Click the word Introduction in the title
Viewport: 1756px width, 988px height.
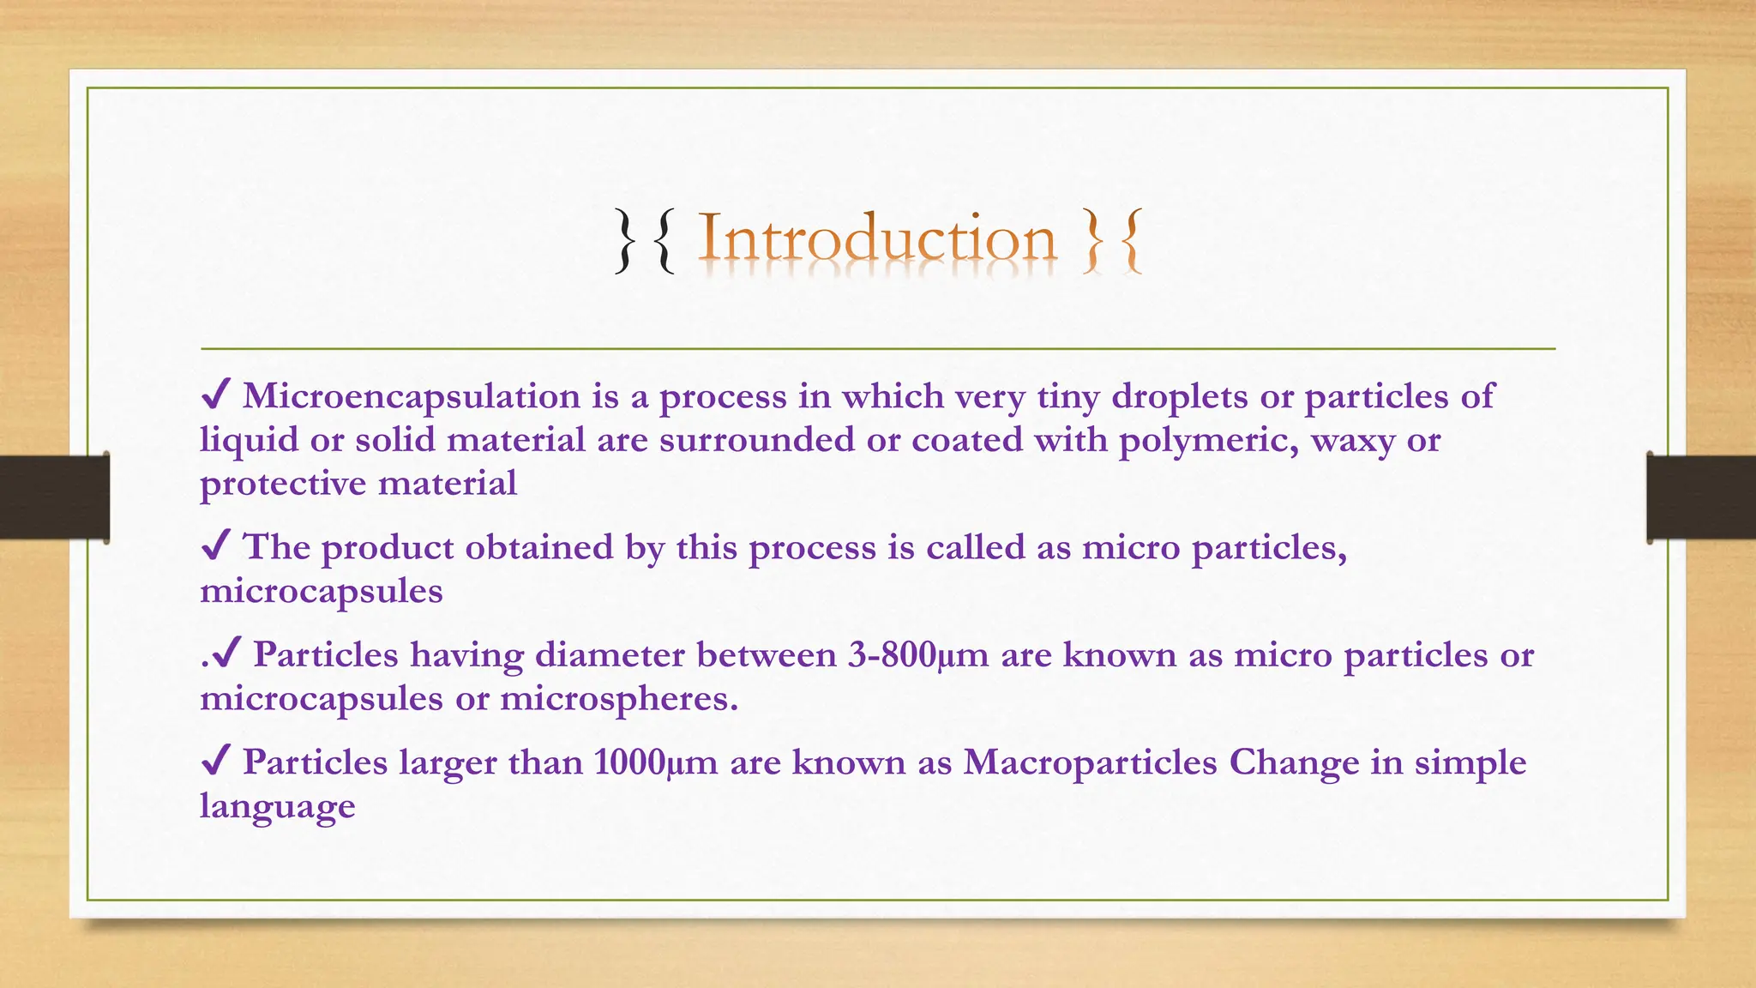coord(877,238)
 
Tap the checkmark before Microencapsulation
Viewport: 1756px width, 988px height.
coord(215,395)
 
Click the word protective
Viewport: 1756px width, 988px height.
coord(283,485)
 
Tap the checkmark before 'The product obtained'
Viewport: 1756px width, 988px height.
coord(215,546)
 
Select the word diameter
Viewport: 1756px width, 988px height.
coord(610,655)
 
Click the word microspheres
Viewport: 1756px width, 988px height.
coord(618,699)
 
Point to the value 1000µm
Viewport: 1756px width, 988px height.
coord(655,762)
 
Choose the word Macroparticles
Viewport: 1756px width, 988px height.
coord(1090,762)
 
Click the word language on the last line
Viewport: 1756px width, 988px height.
coord(277,807)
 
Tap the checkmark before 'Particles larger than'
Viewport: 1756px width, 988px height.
coord(215,762)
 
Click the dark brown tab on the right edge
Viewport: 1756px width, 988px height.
coord(1701,497)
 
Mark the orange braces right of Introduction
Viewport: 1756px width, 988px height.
coord(1112,241)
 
